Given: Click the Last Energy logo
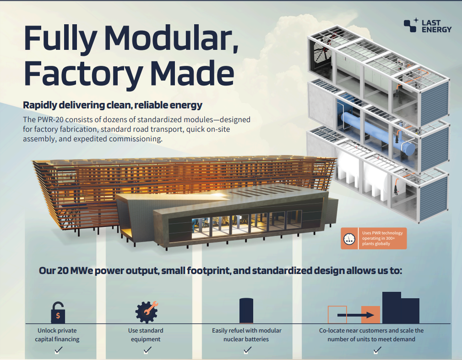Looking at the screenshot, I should (427, 26).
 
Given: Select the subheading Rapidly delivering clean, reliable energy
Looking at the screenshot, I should (113, 105).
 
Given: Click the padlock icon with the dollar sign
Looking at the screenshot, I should (58, 312).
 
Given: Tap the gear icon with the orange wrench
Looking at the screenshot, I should (147, 312).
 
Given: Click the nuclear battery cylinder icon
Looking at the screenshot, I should (246, 311).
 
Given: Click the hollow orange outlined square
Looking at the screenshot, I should (337, 315).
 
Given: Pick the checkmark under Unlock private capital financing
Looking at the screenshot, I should (58, 350).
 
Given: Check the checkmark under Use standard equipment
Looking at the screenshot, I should (147, 350).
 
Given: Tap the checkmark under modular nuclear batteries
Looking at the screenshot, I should (247, 350).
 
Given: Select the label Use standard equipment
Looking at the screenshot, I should (146, 335).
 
